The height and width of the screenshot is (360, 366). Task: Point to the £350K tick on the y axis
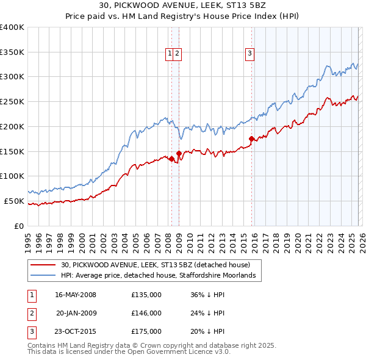click(12, 52)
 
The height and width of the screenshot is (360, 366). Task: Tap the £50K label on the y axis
click(15, 201)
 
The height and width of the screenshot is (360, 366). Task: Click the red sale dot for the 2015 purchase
click(251, 139)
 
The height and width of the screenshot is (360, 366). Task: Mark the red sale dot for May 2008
click(171, 159)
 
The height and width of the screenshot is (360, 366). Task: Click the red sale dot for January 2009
click(179, 153)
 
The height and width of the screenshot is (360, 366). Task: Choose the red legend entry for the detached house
click(156, 265)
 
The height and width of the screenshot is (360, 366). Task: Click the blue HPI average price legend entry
click(161, 276)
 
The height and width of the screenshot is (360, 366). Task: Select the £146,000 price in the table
click(146, 313)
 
